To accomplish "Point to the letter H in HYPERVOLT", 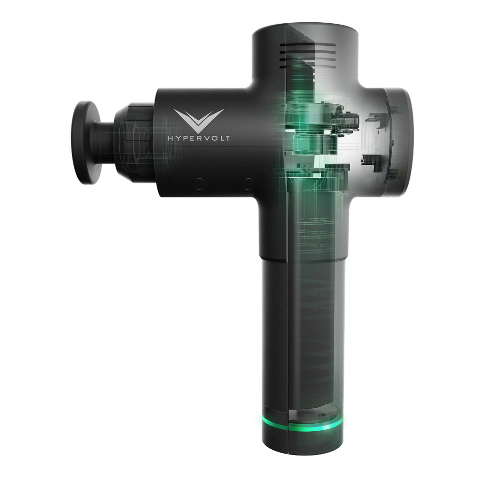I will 170,138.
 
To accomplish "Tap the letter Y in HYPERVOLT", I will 178,138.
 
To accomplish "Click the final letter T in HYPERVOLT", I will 227,138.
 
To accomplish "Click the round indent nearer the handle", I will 249,184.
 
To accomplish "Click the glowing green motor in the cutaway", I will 304,140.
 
